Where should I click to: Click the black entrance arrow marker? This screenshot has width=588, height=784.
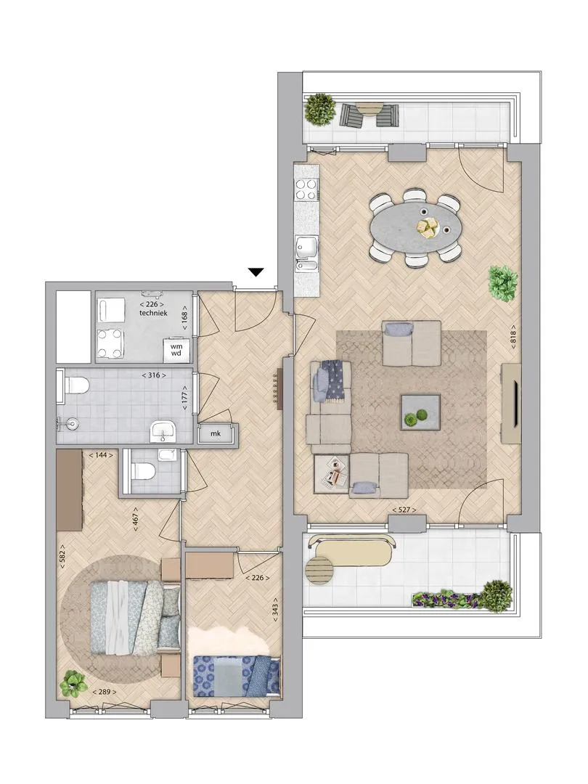256,272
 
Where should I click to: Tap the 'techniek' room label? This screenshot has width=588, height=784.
153,313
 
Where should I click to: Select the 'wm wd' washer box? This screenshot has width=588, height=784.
176,349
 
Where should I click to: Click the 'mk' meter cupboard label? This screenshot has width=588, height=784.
216,433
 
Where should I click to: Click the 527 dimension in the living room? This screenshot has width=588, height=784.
404,510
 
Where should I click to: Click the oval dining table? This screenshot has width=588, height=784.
416,228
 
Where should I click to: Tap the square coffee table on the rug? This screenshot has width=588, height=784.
420,412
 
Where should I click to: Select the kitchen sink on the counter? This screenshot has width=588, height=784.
306,254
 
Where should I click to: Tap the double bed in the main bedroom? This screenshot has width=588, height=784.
135,617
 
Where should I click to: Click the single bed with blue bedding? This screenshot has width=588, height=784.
236,676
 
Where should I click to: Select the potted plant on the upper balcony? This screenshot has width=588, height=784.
320,109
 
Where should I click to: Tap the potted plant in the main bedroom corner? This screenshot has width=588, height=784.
73,684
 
